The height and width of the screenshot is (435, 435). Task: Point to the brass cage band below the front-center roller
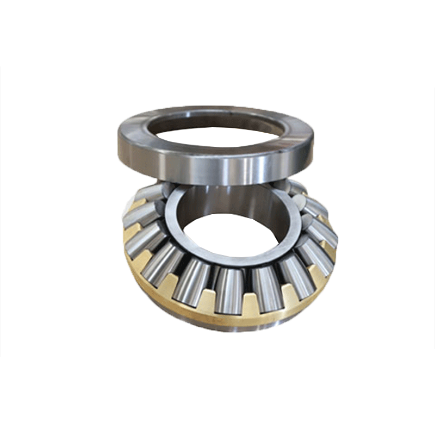pos(228,318)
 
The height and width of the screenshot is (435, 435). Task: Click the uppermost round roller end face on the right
pos(296,187)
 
